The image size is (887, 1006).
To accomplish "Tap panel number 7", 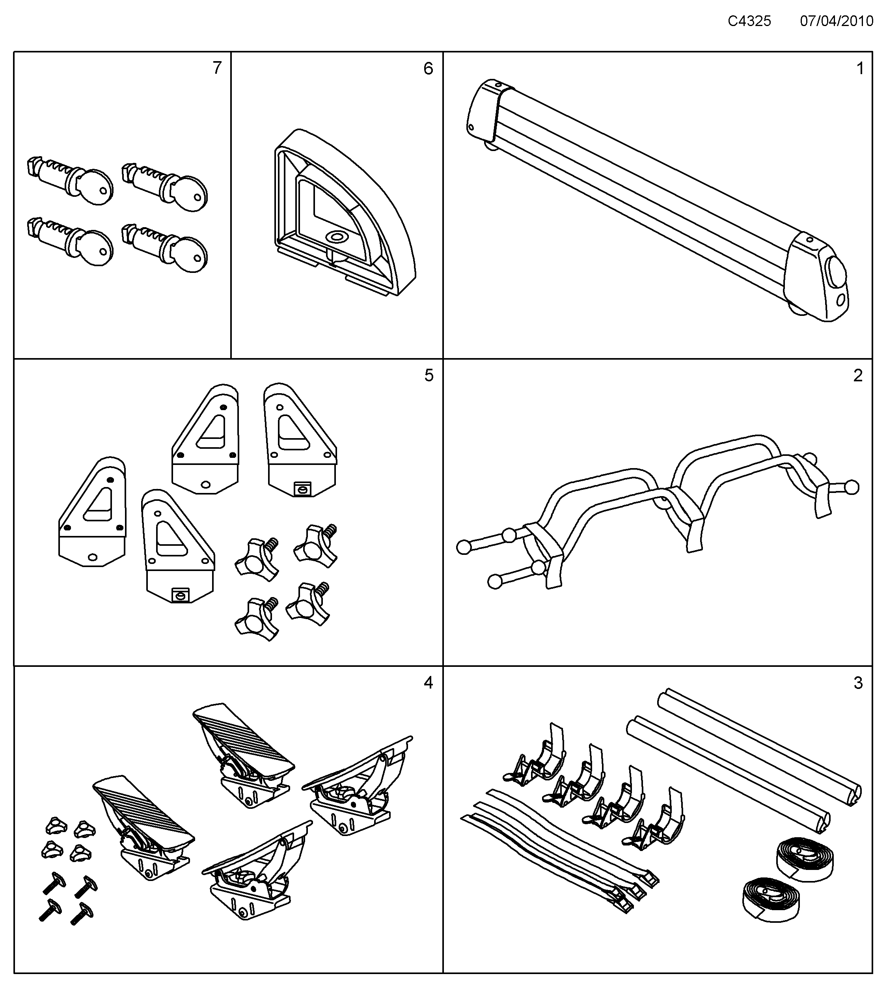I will pos(217,68).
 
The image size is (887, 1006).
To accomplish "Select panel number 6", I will pos(428,68).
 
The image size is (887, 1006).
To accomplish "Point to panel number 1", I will pos(860,68).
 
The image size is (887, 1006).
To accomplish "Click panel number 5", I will pos(429,375).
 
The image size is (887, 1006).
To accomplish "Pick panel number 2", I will pos(858,375).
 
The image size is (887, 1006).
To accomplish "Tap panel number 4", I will pos(428,683).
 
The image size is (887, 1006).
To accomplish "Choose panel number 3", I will pos(858,683).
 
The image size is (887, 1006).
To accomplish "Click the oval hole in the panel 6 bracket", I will pos(337,238).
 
